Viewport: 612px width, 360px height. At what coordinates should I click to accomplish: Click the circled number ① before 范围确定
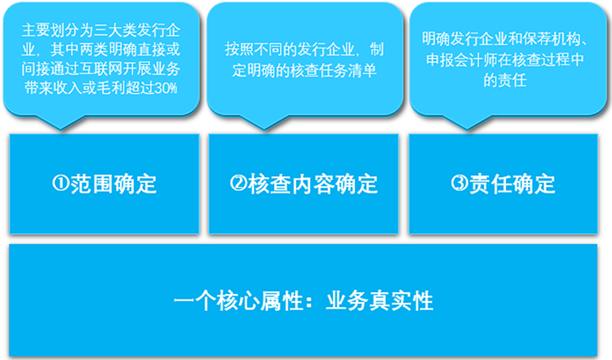click(61, 183)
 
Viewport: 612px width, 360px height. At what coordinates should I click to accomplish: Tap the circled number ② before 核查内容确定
click(238, 183)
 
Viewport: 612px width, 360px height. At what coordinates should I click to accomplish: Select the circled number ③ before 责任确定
click(459, 183)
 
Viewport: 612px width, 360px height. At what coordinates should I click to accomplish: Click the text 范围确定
click(113, 184)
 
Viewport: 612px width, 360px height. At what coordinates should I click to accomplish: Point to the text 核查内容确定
click(313, 184)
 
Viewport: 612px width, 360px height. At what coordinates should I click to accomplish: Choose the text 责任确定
click(512, 184)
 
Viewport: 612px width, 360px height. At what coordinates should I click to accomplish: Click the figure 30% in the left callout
click(166, 88)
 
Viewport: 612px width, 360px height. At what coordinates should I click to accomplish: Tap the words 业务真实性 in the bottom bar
click(379, 300)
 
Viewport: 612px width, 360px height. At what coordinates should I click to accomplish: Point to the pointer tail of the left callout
click(61, 129)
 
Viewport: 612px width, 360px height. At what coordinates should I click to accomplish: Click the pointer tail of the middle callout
click(264, 129)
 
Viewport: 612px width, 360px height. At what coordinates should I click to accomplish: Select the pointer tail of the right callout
click(467, 129)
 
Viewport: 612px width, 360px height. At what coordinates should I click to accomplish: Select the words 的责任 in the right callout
click(505, 80)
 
